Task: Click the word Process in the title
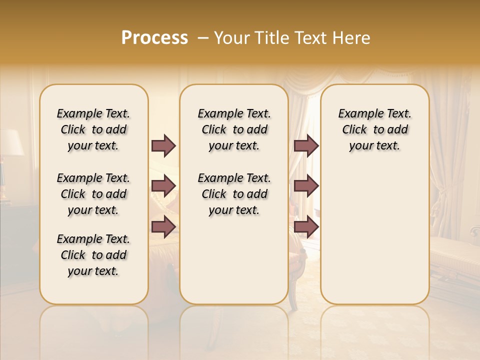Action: point(154,38)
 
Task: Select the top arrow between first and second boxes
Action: point(163,146)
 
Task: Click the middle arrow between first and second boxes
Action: point(163,186)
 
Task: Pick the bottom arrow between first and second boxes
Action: point(163,227)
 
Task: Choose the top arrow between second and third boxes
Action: point(306,146)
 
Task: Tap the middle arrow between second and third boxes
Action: point(306,186)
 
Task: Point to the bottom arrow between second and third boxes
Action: point(306,227)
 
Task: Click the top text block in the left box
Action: point(93,129)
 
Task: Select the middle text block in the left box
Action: point(93,194)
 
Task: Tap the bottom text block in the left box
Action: point(93,255)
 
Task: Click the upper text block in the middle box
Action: point(234,129)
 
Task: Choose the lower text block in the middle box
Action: point(234,194)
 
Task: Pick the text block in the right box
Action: point(374,129)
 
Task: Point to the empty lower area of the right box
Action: point(374,235)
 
